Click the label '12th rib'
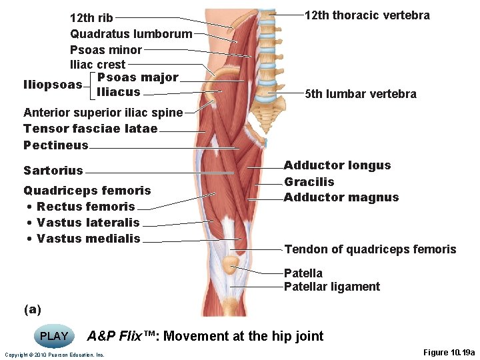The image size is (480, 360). (91, 18)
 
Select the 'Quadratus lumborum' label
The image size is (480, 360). (131, 33)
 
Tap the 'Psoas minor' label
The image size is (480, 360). (105, 49)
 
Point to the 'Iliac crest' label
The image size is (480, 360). (97, 64)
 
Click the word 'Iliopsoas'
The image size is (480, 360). (53, 85)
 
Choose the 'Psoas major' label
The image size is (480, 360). (137, 77)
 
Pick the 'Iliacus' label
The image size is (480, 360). (118, 91)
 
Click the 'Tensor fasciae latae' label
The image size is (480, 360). (90, 128)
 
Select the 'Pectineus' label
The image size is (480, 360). (55, 145)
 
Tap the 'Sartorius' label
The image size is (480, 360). (53, 170)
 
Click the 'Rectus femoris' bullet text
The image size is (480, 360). (85, 206)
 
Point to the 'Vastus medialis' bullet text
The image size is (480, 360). (88, 238)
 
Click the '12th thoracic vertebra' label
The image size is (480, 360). (367, 15)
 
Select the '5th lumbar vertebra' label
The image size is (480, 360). (360, 93)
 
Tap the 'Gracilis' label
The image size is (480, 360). (309, 181)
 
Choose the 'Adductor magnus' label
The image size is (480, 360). (341, 197)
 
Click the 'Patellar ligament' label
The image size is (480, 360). (331, 287)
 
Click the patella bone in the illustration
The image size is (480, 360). (231, 265)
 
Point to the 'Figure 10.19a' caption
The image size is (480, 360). (449, 352)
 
